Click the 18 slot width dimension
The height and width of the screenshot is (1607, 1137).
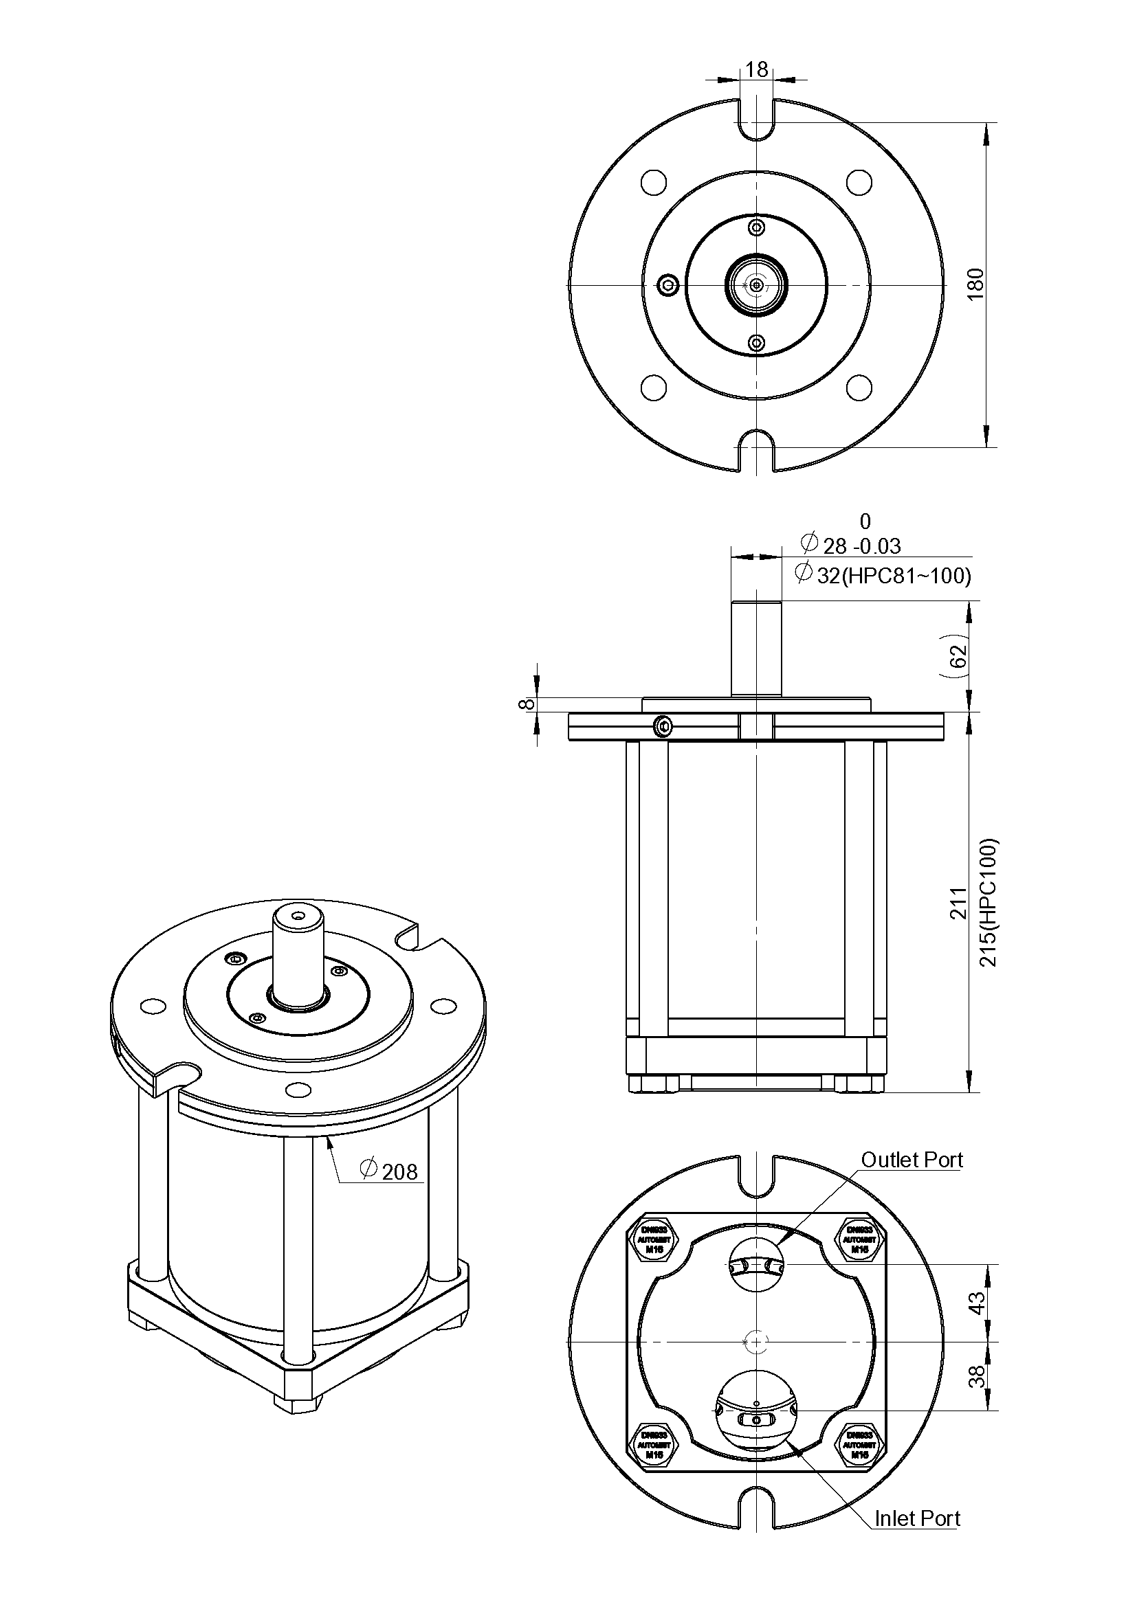pyautogui.click(x=756, y=69)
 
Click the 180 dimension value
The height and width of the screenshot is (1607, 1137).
pyautogui.click(x=975, y=284)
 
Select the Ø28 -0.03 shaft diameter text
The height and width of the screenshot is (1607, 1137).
pyautogui.click(x=850, y=545)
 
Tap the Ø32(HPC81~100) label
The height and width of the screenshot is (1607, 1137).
pyautogui.click(x=883, y=575)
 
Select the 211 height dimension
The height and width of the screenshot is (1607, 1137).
pyautogui.click(x=957, y=902)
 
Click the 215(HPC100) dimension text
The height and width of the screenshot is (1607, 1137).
pyautogui.click(x=988, y=902)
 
